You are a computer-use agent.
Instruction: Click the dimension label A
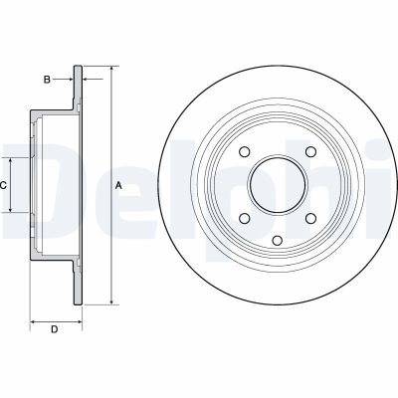(x=118, y=186)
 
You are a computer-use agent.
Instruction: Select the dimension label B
(x=46, y=77)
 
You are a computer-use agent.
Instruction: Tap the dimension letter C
(x=4, y=186)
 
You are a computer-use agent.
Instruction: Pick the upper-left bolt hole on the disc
(x=244, y=151)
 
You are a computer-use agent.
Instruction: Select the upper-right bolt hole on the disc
(x=310, y=151)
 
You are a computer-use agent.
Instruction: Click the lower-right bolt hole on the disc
(x=310, y=219)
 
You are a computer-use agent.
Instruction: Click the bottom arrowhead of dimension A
(x=109, y=299)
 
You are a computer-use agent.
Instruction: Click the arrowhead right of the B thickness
(x=84, y=77)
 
